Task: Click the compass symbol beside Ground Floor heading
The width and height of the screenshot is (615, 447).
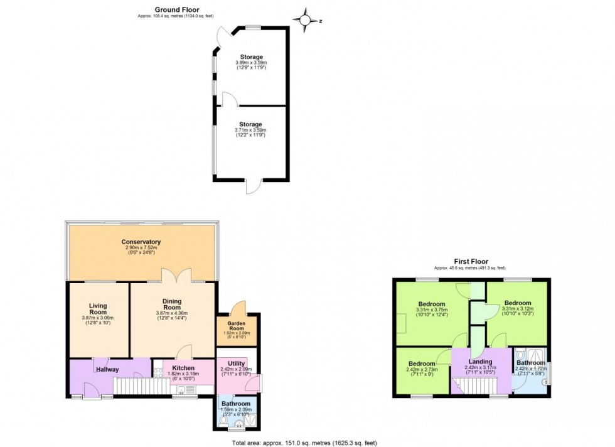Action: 306,20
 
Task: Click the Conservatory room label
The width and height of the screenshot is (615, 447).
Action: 141,242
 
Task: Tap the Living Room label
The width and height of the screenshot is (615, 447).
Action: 98,309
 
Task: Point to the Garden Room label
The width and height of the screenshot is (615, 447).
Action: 237,325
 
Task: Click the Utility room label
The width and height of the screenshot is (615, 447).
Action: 236,364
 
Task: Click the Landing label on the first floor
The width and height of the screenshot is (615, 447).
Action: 481,362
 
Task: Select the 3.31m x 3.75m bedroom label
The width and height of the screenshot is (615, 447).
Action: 432,304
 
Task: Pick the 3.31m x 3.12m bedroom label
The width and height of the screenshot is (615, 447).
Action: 518,303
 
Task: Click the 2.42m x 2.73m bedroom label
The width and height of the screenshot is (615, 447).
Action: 422,364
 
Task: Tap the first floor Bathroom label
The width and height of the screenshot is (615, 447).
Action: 531,363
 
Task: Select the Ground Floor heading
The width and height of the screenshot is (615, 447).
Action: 159,10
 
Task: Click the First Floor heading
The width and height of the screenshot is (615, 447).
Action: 471,261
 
